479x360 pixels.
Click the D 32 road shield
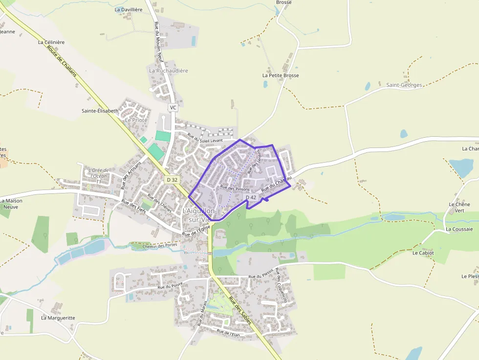(x=172, y=180)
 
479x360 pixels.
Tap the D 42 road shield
(x=251, y=197)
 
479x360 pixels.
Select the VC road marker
(x=173, y=107)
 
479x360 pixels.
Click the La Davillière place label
(x=128, y=9)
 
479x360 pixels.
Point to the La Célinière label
(x=51, y=42)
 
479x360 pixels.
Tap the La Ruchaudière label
(x=169, y=71)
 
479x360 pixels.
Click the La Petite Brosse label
(x=281, y=76)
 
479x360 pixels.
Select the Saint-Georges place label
(x=404, y=85)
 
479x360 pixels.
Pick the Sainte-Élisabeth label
(x=100, y=111)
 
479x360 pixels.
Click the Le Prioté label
(x=136, y=120)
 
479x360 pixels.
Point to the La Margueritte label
(x=58, y=318)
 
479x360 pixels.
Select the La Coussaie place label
(x=459, y=229)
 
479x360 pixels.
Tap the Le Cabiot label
(x=423, y=253)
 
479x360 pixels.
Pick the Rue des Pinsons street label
(x=235, y=188)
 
